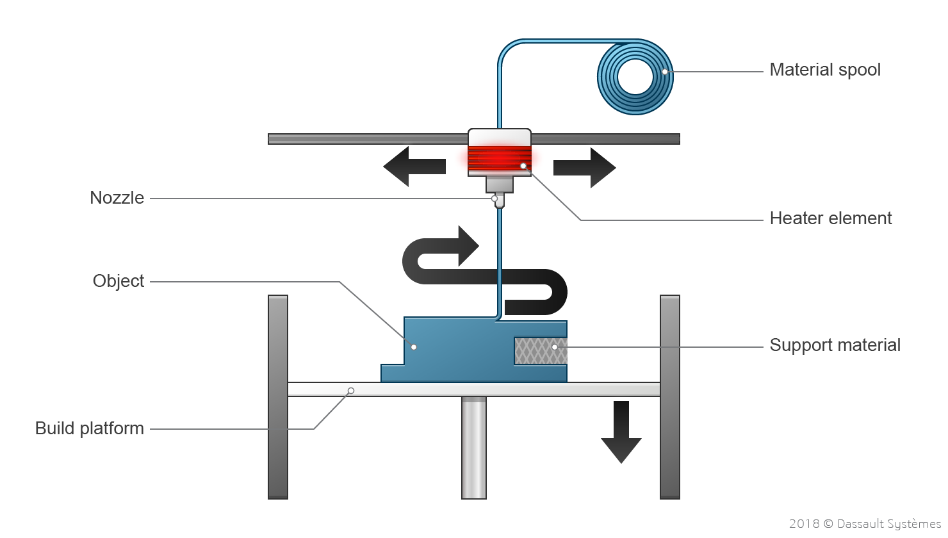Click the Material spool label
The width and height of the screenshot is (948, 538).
coord(824,70)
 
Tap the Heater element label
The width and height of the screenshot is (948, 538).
coord(830,218)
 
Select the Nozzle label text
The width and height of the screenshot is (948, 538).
coord(117,198)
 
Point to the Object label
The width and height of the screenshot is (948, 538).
coord(118,281)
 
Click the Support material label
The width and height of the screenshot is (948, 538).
coord(835,345)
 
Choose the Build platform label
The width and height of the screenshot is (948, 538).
coord(90,428)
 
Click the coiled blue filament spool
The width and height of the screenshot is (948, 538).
coord(635,77)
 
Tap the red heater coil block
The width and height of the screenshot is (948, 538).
coord(499,158)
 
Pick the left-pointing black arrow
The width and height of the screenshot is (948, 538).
coord(413,167)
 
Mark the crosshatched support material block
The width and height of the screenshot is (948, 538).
coord(540,351)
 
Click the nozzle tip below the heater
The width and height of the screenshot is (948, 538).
coord(500,201)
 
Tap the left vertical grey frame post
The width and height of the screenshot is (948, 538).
coord(278,397)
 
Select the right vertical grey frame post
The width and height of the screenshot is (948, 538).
coord(670,397)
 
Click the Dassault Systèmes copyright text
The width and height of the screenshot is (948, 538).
coord(865,524)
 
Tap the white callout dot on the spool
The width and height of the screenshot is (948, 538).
coord(665,72)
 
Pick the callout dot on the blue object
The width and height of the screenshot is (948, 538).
coord(414,347)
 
